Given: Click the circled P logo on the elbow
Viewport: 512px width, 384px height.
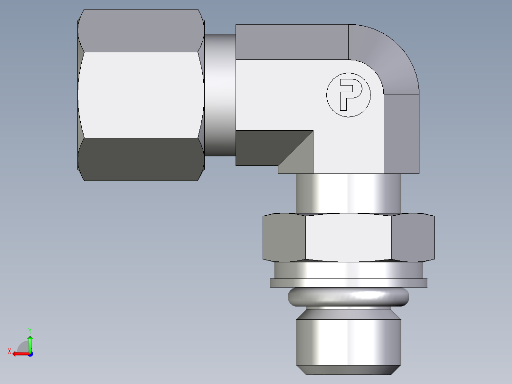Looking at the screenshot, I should pyautogui.click(x=348, y=95).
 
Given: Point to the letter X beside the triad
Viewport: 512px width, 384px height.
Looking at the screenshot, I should pyautogui.click(x=9, y=351).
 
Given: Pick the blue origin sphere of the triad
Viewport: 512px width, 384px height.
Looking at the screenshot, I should pyautogui.click(x=30, y=354).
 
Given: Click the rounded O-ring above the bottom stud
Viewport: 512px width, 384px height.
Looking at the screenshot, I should pyautogui.click(x=348, y=297).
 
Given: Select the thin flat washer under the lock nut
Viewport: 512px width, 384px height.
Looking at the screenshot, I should pyautogui.click(x=348, y=283).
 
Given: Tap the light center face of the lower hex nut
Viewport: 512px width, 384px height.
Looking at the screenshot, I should pyautogui.click(x=348, y=238).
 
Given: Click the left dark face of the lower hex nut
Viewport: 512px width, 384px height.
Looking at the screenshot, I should pyautogui.click(x=284, y=238).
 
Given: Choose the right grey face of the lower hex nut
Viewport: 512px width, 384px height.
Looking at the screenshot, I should pyautogui.click(x=412, y=238).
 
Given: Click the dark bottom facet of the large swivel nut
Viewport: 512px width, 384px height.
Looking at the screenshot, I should pyautogui.click(x=141, y=159).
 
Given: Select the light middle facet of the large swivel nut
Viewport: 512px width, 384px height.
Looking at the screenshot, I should pyautogui.click(x=141, y=95).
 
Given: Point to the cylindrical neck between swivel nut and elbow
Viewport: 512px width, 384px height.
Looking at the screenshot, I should pyautogui.click(x=220, y=95).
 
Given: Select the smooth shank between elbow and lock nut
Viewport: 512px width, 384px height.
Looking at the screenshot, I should pyautogui.click(x=348, y=192).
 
